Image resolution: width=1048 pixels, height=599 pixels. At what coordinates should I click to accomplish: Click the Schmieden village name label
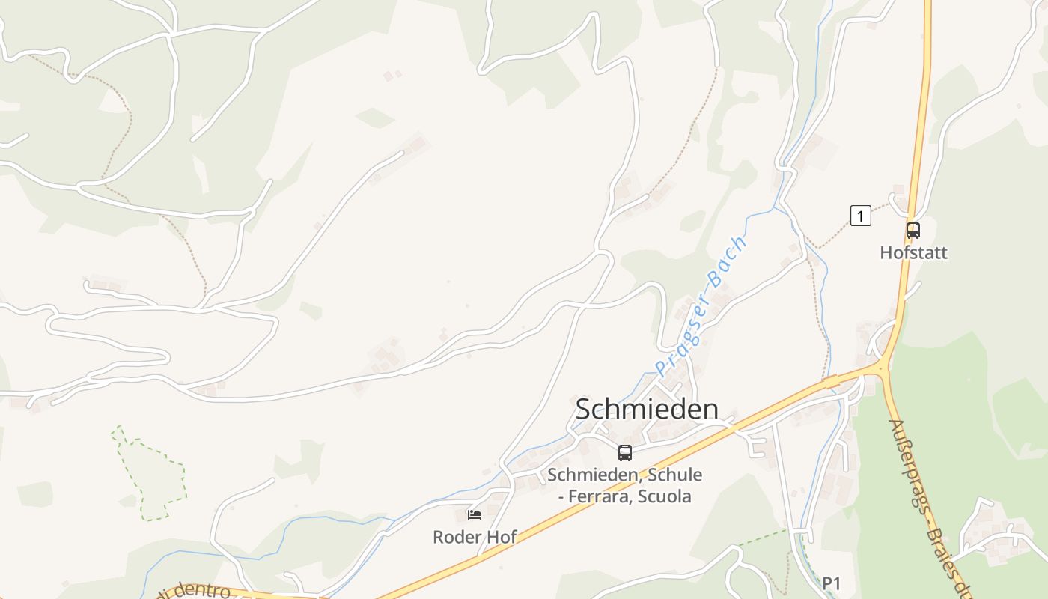pyautogui.click(x=647, y=409)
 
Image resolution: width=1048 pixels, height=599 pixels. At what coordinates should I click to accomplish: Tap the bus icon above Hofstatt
pyautogui.click(x=913, y=230)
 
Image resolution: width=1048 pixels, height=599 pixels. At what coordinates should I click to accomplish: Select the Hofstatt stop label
pyautogui.click(x=913, y=252)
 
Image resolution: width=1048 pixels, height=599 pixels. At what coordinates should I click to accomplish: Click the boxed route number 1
pyautogui.click(x=861, y=216)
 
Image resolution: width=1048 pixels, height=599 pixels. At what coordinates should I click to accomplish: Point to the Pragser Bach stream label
pyautogui.click(x=701, y=307)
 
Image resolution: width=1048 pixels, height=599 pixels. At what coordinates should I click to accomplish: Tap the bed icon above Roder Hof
pyautogui.click(x=475, y=514)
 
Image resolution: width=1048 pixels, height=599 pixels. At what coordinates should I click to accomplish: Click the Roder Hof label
pyautogui.click(x=475, y=537)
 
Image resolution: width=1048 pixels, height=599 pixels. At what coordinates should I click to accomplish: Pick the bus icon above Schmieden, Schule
pyautogui.click(x=625, y=452)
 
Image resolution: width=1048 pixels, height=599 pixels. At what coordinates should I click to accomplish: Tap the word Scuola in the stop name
pyautogui.click(x=665, y=496)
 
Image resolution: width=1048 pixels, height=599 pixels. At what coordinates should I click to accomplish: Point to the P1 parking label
pyautogui.click(x=832, y=583)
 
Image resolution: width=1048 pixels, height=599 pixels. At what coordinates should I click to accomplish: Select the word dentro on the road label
pyautogui.click(x=201, y=592)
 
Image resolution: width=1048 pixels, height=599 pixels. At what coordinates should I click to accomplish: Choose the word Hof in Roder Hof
pyautogui.click(x=502, y=537)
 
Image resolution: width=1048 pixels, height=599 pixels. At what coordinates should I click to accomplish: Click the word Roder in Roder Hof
pyautogui.click(x=457, y=537)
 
